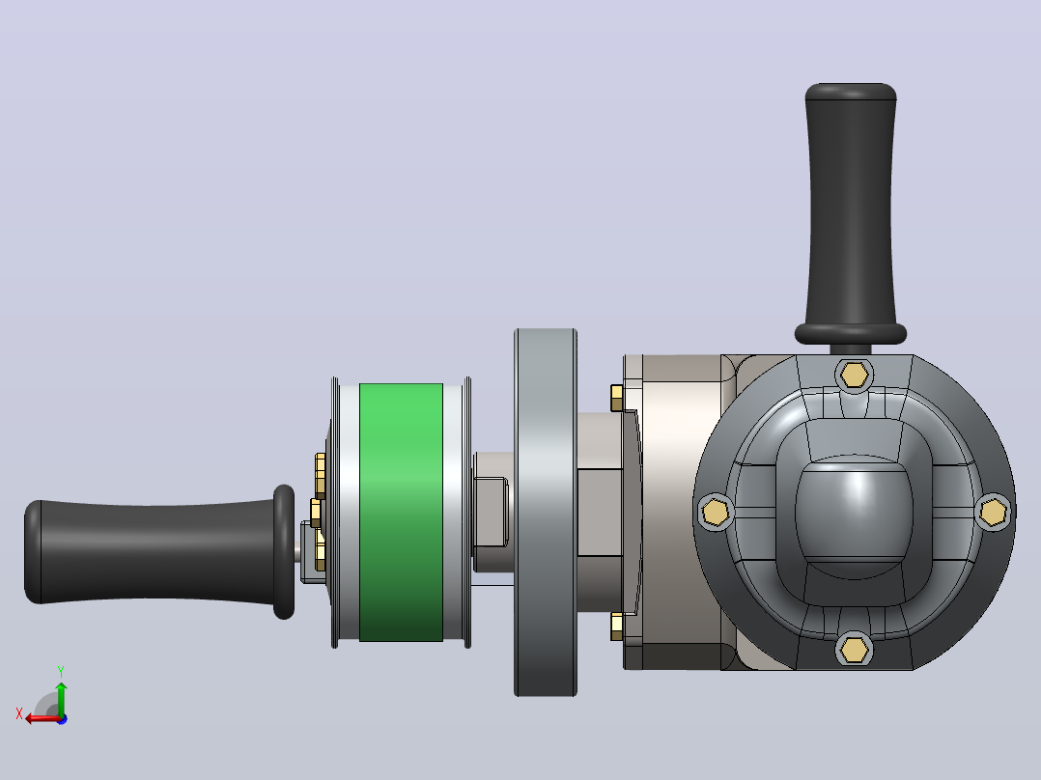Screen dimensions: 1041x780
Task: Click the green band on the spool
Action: [x=401, y=512]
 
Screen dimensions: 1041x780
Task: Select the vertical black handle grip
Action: [x=851, y=213]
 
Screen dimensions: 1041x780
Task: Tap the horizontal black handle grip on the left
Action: [x=159, y=552]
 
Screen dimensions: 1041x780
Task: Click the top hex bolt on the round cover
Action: [x=854, y=376]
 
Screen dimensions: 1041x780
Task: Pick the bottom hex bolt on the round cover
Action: [x=854, y=649]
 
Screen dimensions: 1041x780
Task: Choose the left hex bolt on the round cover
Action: [x=716, y=513]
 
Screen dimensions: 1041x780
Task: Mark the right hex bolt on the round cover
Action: [x=993, y=513]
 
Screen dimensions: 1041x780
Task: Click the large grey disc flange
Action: [x=545, y=512]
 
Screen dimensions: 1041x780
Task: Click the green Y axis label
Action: [x=61, y=672]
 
